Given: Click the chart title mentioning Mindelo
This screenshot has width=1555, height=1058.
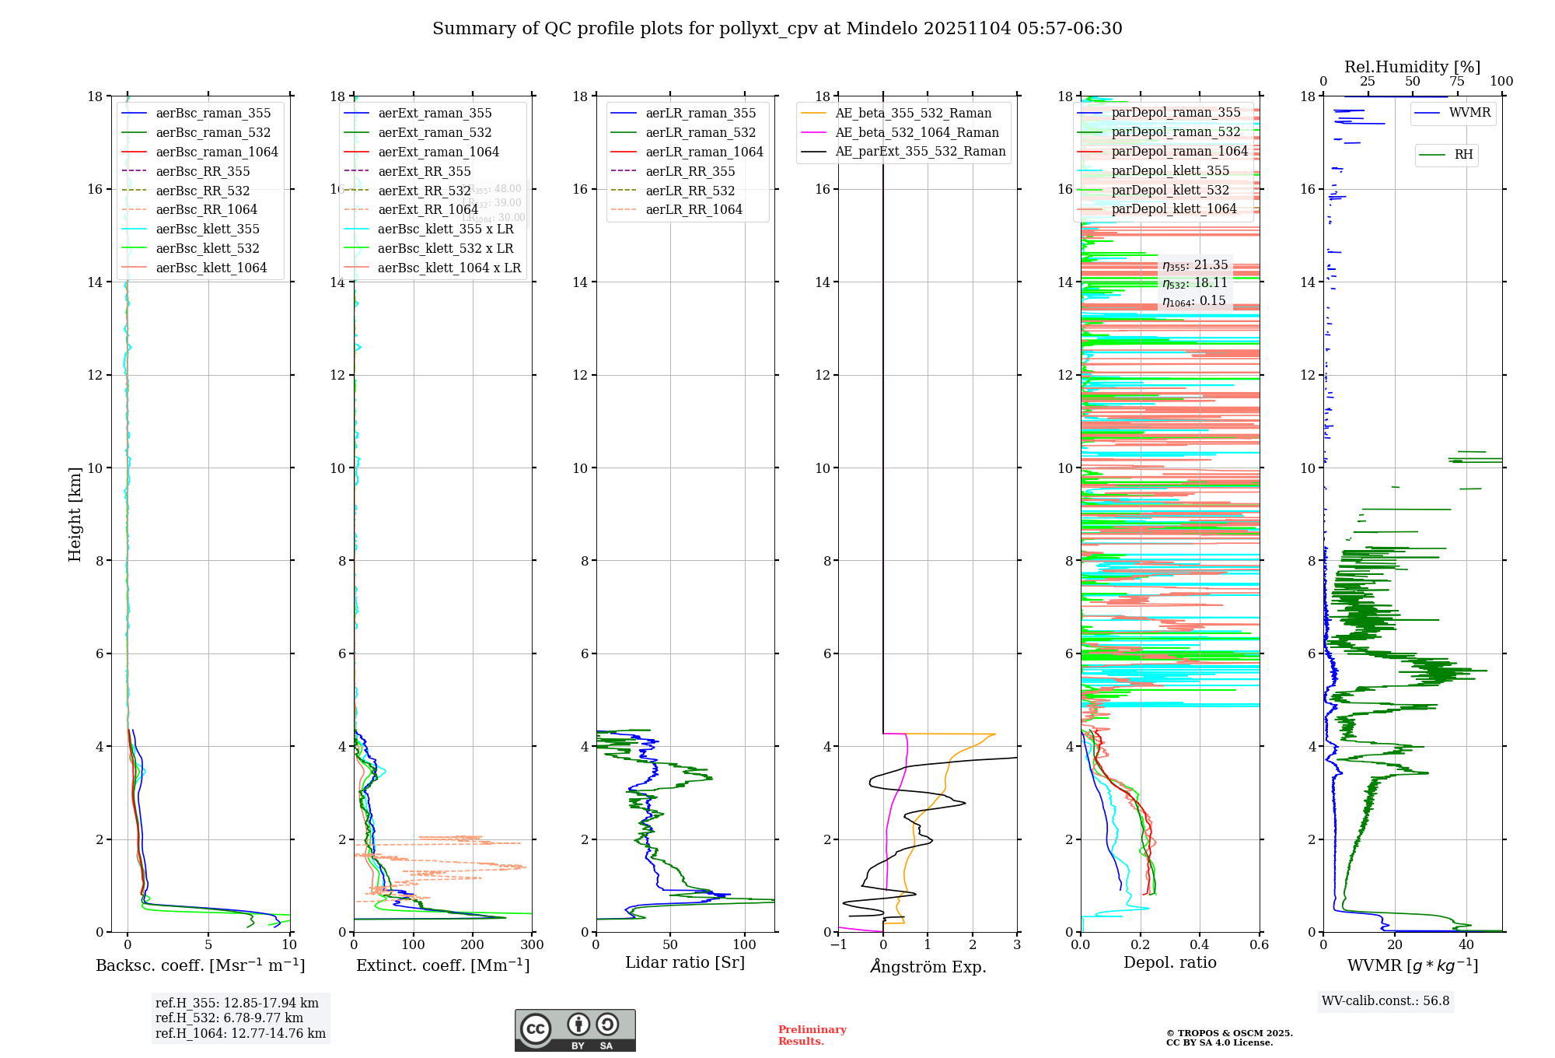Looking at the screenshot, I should (x=777, y=29).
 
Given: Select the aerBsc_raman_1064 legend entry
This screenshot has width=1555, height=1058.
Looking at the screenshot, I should (x=216, y=152).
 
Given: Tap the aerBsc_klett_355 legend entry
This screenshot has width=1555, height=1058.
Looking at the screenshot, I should (x=207, y=229).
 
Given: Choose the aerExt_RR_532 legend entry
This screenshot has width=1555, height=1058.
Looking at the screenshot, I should (x=424, y=191).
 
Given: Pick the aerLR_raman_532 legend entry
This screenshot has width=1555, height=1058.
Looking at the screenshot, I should (x=700, y=133).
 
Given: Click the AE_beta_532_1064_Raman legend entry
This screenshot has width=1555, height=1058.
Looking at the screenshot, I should (x=917, y=133).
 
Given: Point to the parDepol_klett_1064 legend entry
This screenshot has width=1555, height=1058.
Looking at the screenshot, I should (x=1173, y=208).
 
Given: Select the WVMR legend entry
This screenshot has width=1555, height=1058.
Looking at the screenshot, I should (x=1469, y=113).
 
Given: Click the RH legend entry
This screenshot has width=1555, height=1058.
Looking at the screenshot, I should (x=1463, y=155).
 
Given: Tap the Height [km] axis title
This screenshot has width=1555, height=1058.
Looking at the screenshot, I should (x=75, y=513).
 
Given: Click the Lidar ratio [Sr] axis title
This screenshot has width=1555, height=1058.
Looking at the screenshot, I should (x=684, y=962).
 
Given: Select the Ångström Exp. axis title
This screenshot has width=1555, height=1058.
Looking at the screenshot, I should (x=928, y=967).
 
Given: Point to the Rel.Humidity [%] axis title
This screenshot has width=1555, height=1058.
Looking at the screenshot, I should (x=1412, y=67).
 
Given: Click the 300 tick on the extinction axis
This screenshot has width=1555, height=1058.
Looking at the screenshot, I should (x=533, y=945).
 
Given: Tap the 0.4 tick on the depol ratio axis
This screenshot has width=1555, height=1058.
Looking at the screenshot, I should (x=1200, y=945).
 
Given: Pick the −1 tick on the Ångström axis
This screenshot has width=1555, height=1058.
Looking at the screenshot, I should (x=838, y=945).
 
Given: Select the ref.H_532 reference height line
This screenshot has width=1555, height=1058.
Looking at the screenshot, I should (x=229, y=1018).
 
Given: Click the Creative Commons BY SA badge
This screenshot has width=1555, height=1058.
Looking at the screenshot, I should (x=575, y=1030).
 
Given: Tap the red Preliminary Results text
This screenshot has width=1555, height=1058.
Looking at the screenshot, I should (x=812, y=1035).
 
